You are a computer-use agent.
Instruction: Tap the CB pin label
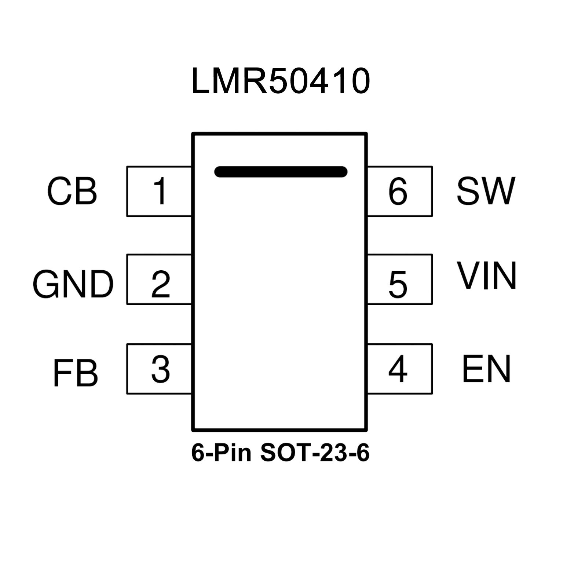[x=72, y=191]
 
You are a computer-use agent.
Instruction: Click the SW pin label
[x=486, y=191]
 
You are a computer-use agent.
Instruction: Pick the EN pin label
[x=486, y=369]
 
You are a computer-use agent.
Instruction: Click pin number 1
[x=160, y=191]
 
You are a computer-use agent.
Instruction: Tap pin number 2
[x=161, y=284]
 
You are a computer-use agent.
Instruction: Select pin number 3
[x=161, y=369]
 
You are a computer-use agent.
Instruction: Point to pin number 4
[x=398, y=369]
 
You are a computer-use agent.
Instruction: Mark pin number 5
[x=398, y=284]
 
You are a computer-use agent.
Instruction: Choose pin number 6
[x=398, y=191]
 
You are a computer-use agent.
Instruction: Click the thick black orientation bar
[x=281, y=172]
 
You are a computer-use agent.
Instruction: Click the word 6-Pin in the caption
[x=222, y=453]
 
